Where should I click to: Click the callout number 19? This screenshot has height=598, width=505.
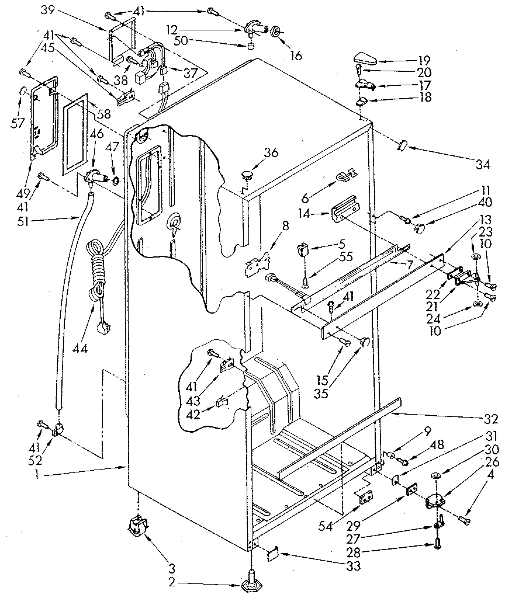[424, 60]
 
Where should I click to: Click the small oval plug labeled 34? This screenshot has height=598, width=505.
[402, 144]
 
